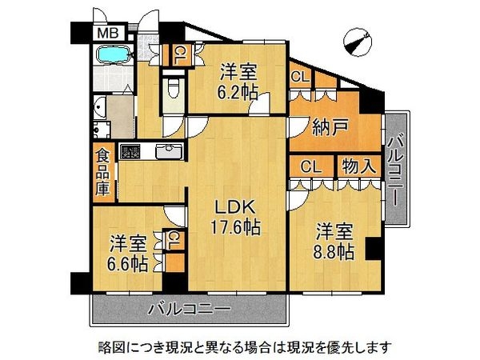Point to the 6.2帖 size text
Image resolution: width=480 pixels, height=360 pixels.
coord(238,91)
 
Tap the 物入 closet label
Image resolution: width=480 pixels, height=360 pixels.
coord(358,167)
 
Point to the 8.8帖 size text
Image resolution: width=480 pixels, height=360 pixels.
coord(334,251)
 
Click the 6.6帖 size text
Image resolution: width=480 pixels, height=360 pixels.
coord(127,262)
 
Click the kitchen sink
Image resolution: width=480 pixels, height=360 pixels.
coord(166,151)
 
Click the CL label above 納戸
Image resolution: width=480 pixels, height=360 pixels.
coord(301,78)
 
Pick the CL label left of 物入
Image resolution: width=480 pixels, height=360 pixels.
coord(310,167)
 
